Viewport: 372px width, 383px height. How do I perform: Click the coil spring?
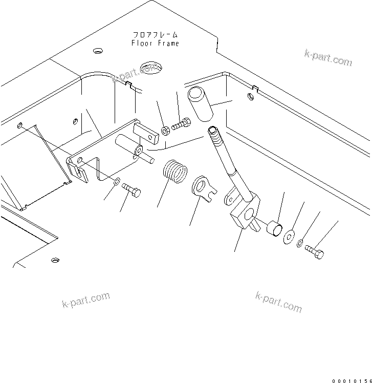click(174, 172)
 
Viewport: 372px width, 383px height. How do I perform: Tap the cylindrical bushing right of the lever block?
click(274, 228)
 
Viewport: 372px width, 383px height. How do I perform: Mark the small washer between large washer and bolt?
click(300, 243)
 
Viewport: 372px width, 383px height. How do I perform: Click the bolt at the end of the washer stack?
click(315, 252)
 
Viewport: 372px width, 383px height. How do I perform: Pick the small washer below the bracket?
click(117, 181)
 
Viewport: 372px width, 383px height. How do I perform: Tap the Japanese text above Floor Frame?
click(155, 35)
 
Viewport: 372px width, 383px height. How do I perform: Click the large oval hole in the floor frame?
click(150, 66)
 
